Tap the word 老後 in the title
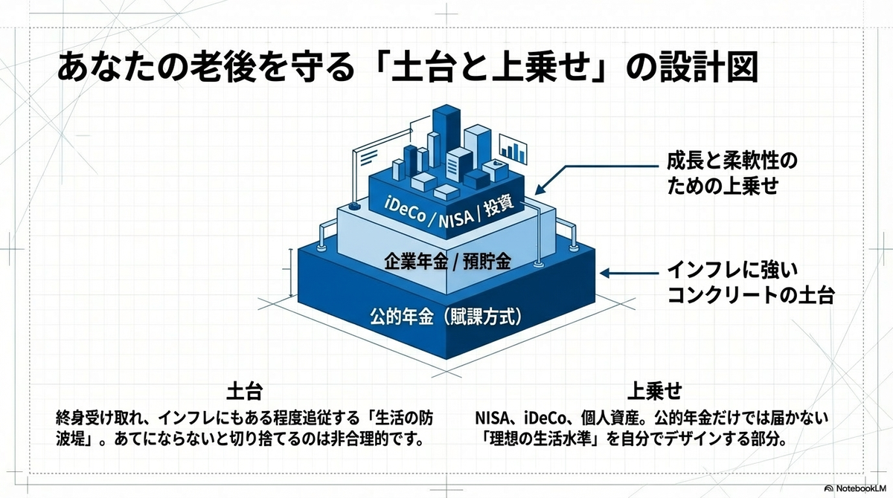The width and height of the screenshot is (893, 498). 223,68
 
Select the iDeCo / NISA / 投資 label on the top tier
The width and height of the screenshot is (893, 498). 449,213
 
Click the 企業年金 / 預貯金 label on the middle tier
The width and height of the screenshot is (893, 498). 447,262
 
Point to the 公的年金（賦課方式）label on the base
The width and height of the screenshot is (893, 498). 446,317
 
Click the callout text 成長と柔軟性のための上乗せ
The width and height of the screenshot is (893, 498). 732,174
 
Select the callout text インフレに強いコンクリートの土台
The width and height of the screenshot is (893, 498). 751,283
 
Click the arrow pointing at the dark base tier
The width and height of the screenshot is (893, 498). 629,273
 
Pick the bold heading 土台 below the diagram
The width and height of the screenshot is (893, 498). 245,391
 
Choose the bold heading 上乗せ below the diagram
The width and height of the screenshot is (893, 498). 654,391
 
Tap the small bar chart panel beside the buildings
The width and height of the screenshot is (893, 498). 513,149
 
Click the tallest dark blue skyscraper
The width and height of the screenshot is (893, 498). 446,135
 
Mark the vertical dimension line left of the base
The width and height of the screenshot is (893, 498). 291,273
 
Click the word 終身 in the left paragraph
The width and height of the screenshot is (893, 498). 71,418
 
